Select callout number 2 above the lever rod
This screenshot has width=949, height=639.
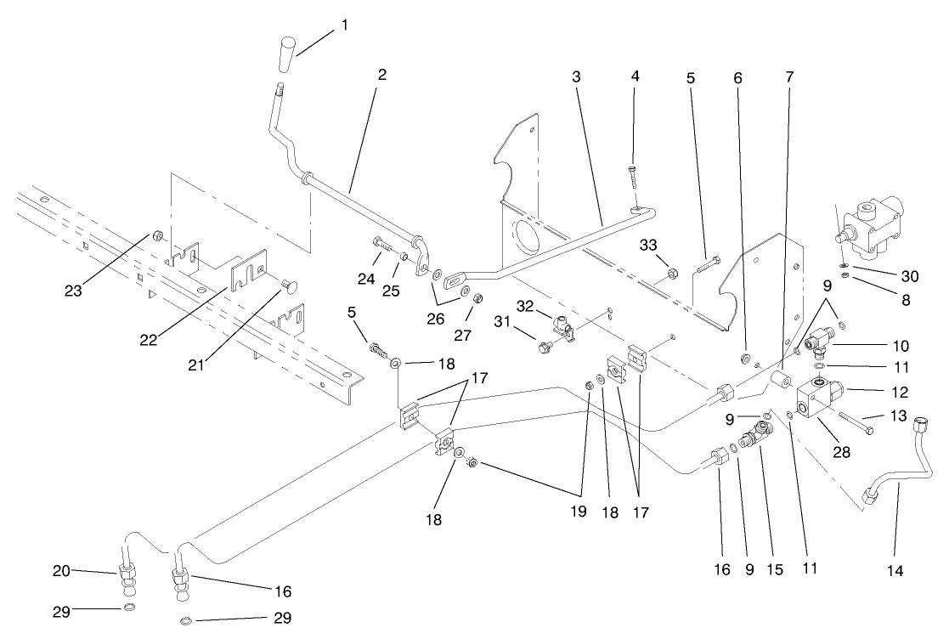click(x=382, y=75)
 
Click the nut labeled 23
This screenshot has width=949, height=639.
click(x=157, y=235)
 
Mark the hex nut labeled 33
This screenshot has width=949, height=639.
click(x=670, y=274)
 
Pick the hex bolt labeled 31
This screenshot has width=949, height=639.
click(x=545, y=347)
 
